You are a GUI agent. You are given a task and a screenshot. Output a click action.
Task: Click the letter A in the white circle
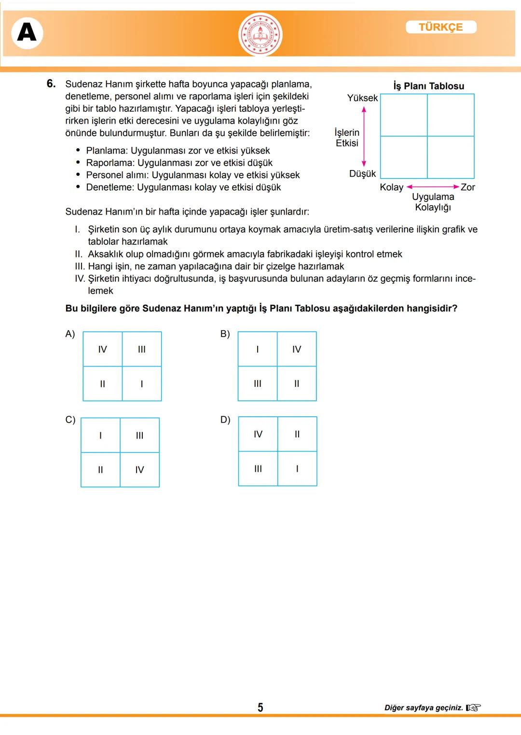[27, 33]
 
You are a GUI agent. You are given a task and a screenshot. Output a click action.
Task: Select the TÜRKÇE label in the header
[441, 27]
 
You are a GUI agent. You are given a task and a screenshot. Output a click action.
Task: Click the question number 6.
[51, 84]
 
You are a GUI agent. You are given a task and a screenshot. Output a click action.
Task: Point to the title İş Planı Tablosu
[428, 86]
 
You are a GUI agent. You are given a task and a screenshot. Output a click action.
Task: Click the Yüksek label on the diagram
[362, 98]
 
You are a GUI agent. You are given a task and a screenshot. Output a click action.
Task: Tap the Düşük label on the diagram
[362, 174]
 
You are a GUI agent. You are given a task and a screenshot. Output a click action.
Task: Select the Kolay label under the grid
[391, 187]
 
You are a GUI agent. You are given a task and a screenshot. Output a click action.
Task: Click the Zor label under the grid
[467, 187]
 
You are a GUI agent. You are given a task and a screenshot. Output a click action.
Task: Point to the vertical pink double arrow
[364, 137]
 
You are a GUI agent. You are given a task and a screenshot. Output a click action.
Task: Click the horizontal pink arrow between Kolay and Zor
[433, 186]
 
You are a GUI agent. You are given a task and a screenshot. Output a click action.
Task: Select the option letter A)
[70, 334]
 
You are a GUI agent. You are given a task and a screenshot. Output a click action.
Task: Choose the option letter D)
[225, 420]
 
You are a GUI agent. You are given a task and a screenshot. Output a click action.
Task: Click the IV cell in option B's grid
[297, 349]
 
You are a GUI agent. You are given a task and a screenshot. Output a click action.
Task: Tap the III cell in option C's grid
[139, 436]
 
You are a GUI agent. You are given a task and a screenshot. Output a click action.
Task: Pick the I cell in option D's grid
[297, 468]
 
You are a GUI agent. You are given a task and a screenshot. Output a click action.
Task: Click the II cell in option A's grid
[102, 384]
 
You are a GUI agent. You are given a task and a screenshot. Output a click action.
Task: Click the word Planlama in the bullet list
[106, 151]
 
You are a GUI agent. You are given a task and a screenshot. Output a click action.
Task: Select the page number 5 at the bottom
[260, 707]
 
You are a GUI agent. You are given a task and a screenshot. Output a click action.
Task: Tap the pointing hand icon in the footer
[474, 708]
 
